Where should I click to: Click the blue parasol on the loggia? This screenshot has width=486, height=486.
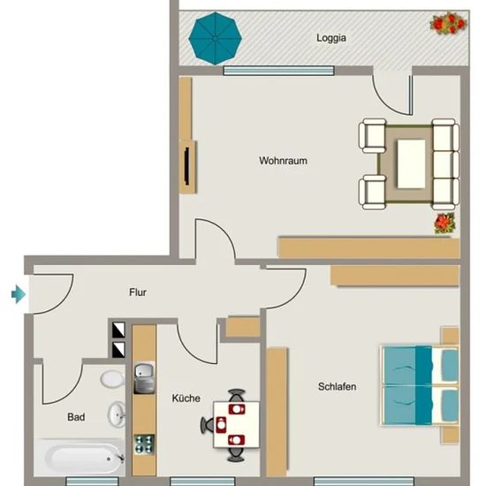pyautogui.click(x=215, y=38)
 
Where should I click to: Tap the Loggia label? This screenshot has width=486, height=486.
pyautogui.click(x=331, y=38)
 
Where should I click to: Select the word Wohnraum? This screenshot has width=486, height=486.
pyautogui.click(x=283, y=161)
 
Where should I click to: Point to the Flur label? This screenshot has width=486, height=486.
pyautogui.click(x=138, y=292)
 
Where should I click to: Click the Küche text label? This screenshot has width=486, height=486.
pyautogui.click(x=186, y=398)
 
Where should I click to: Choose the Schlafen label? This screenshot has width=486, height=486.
pyautogui.click(x=337, y=386)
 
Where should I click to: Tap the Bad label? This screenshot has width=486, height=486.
pyautogui.click(x=76, y=417)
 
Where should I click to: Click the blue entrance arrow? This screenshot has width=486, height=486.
pyautogui.click(x=19, y=294)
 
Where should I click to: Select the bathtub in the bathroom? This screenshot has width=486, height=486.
pyautogui.click(x=81, y=458)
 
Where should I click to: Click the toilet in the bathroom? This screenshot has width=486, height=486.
pyautogui.click(x=112, y=378)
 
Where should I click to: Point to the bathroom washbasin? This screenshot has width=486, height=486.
pyautogui.click(x=117, y=414)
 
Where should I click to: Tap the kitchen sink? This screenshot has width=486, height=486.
pyautogui.click(x=144, y=378)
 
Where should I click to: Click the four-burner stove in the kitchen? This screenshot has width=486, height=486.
pyautogui.click(x=144, y=444)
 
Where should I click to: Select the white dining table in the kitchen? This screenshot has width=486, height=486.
pyautogui.click(x=236, y=425)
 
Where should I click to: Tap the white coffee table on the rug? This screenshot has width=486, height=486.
pyautogui.click(x=411, y=163)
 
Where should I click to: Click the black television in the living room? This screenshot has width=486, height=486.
pyautogui.click(x=186, y=166)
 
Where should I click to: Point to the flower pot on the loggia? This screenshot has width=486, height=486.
pyautogui.click(x=448, y=22)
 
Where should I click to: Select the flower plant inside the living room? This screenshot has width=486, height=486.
pyautogui.click(x=444, y=223)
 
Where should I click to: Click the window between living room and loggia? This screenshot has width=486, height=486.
pyautogui.click(x=278, y=71)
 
